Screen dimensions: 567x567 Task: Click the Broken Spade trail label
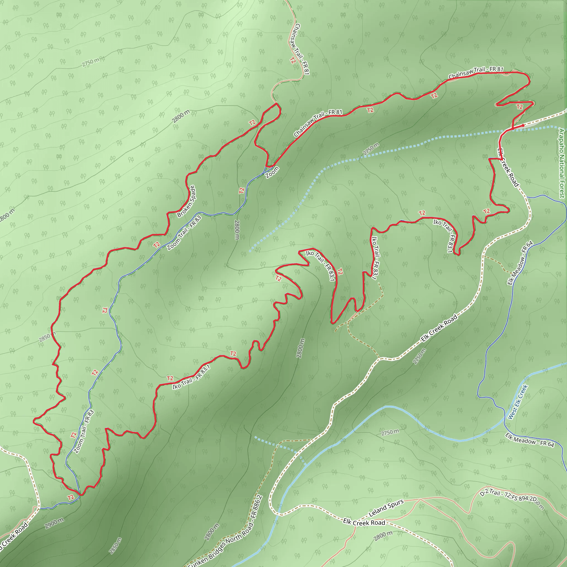(x=187, y=201)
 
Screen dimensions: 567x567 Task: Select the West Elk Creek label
(x=518, y=402)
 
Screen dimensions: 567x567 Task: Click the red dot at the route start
(x=523, y=126)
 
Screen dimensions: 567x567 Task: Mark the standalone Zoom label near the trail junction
(x=272, y=172)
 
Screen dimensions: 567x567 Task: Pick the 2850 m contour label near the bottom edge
(x=115, y=546)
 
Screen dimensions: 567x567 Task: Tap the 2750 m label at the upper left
(x=91, y=62)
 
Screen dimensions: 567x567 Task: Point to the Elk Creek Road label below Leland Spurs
(x=364, y=523)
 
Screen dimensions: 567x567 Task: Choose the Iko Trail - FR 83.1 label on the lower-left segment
(x=191, y=377)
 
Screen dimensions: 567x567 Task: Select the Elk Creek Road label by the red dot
(x=508, y=167)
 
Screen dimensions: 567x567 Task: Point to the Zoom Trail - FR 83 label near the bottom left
(x=84, y=431)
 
